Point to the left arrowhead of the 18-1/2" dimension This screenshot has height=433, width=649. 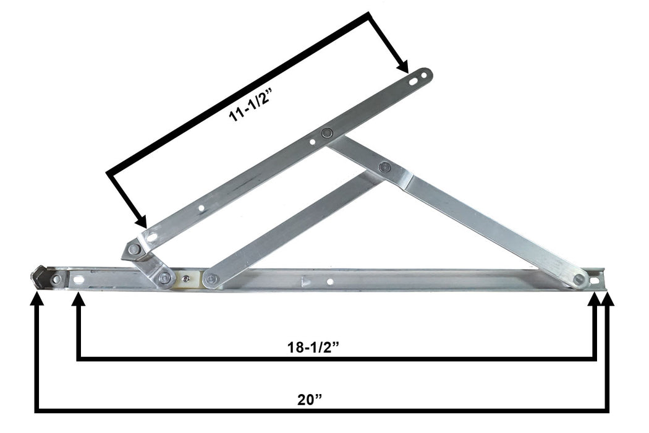78,298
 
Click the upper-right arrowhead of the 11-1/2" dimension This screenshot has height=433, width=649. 402,66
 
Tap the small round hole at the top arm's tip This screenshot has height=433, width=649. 424,75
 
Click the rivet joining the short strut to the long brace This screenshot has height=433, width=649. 384,166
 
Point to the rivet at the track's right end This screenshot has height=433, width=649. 579,279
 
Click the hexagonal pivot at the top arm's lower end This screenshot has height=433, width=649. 134,249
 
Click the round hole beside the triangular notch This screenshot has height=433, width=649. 330,281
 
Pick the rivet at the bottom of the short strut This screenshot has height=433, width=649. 211,280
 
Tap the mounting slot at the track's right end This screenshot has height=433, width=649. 595,280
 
